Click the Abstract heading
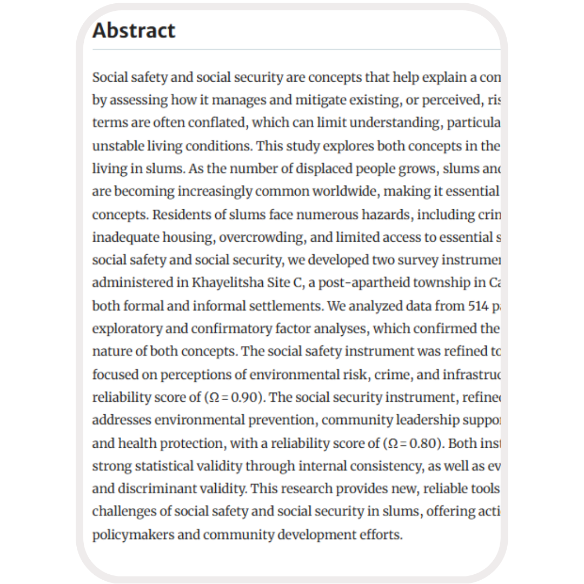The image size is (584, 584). pos(134,30)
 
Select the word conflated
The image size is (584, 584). pos(216,123)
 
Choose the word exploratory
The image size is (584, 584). pos(127,329)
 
